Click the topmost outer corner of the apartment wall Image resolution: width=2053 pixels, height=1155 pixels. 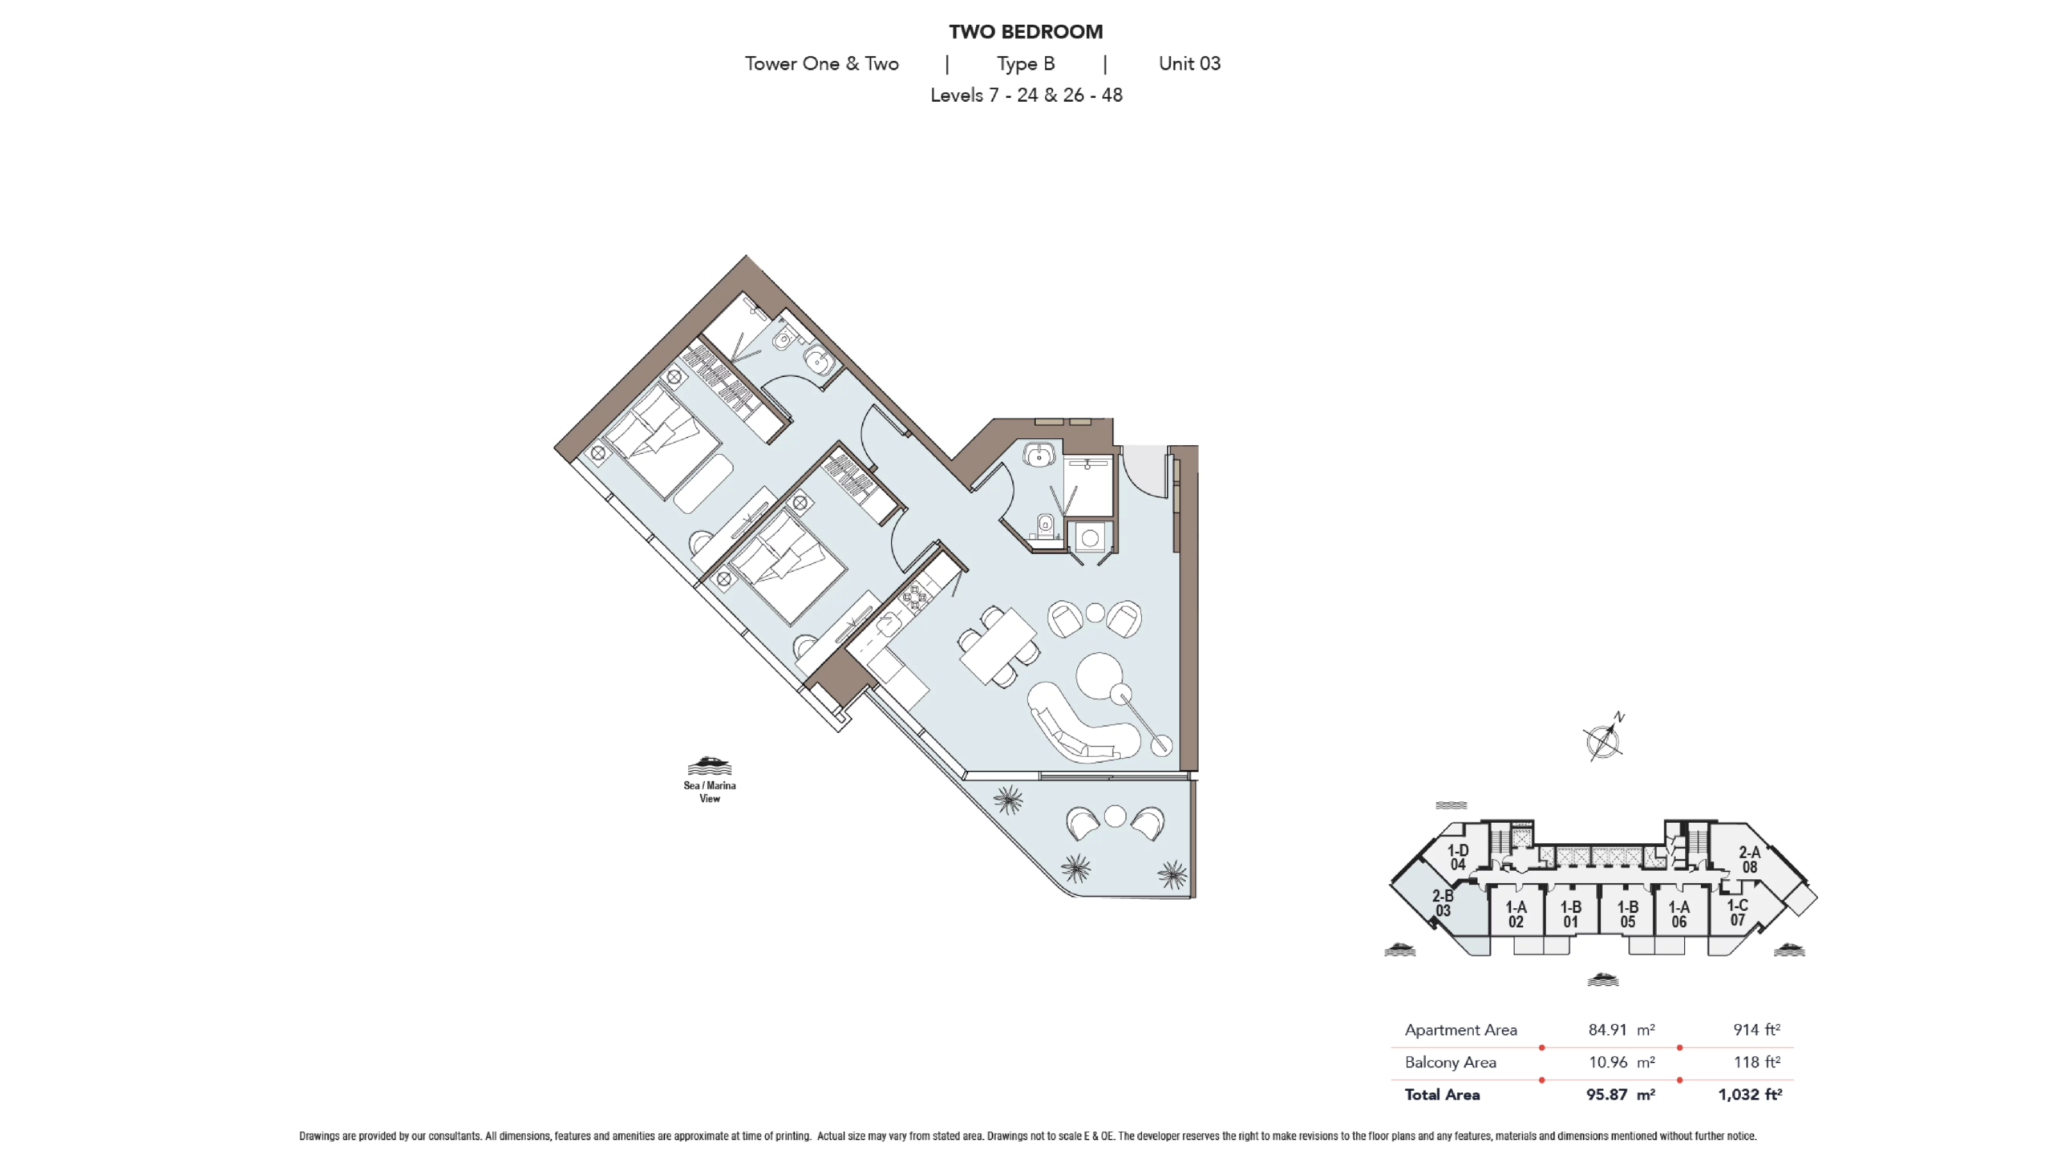[x=747, y=256]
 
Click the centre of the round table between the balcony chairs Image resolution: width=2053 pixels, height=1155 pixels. [x=1116, y=817]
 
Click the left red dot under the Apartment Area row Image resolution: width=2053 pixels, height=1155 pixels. [x=1542, y=1048]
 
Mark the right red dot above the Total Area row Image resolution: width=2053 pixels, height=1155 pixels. [x=1680, y=1080]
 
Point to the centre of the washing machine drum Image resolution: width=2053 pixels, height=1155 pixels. [x=1090, y=539]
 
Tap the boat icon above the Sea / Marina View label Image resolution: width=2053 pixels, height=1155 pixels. [x=710, y=766]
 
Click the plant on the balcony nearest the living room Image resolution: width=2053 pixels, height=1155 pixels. [x=1007, y=800]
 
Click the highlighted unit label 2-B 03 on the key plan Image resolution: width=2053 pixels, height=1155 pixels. [x=1443, y=903]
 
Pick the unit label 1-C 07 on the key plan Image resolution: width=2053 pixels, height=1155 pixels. [x=1737, y=913]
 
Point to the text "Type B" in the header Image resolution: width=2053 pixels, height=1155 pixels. [x=1026, y=64]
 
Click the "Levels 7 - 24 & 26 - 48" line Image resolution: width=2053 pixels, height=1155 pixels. [x=1026, y=95]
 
